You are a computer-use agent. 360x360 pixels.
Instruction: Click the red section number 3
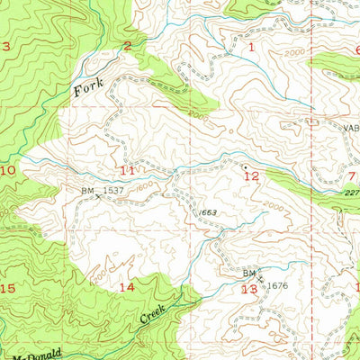[x=6, y=47]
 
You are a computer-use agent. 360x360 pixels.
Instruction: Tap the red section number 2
[x=128, y=46]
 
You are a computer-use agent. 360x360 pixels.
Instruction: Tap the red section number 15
[x=7, y=288]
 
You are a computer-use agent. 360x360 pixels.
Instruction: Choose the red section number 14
[x=127, y=287]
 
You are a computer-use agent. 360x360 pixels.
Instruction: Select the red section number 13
[x=249, y=289]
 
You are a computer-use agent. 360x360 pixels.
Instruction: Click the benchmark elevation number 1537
[x=112, y=191]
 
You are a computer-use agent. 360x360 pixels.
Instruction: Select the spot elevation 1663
[x=208, y=211]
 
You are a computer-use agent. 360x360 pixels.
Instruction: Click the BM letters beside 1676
[x=247, y=272]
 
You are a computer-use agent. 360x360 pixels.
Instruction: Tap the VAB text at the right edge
[x=348, y=127]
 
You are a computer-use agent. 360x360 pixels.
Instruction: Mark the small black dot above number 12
[x=244, y=166]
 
